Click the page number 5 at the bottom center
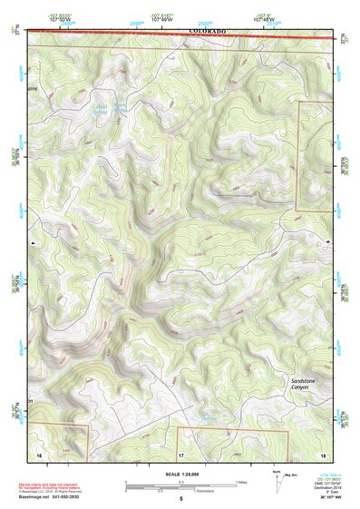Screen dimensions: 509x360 [180, 500]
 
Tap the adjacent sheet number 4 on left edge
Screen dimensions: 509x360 [32, 242]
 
